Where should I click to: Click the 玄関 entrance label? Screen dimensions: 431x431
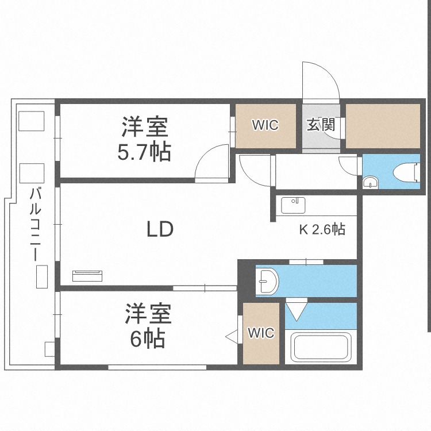click(x=321, y=125)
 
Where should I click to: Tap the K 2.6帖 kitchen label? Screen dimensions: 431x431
click(x=322, y=229)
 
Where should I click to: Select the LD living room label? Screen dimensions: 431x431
click(x=160, y=229)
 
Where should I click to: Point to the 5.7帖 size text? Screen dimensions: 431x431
click(x=144, y=152)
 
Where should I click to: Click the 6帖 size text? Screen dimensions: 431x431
click(x=148, y=338)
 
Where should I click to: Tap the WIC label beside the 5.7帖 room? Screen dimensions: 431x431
click(x=265, y=125)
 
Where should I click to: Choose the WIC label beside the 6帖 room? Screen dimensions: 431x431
click(x=261, y=333)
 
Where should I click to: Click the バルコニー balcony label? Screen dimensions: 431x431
click(x=36, y=224)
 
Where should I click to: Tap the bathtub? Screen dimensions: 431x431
click(x=321, y=347)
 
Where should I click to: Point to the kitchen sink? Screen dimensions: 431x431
click(x=293, y=205)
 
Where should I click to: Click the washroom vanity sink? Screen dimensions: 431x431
click(x=267, y=281)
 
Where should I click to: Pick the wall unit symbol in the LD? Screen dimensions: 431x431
click(x=87, y=276)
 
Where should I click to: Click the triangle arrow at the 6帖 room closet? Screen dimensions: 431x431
click(x=232, y=336)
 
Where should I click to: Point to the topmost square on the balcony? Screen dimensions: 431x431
click(x=32, y=121)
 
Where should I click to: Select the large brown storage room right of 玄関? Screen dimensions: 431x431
click(x=383, y=126)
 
